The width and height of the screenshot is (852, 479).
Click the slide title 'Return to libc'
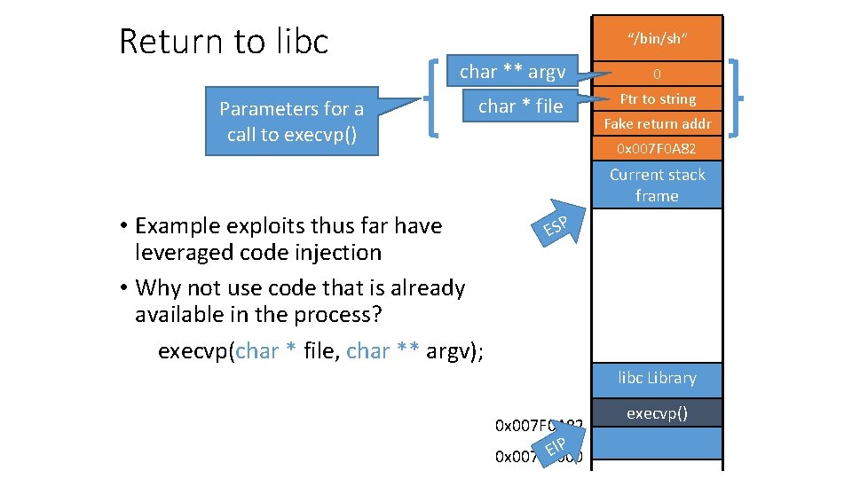point(224,42)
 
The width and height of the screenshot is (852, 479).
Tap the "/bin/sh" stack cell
point(658,38)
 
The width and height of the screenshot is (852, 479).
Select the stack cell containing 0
point(658,75)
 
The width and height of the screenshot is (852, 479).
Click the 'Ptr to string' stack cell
point(658,99)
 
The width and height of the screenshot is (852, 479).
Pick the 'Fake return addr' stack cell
point(658,124)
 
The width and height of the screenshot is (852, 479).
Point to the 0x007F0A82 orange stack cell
point(658,147)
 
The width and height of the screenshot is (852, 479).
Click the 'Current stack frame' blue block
point(658,185)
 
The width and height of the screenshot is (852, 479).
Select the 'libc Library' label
point(658,378)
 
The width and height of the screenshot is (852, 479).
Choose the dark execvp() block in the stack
point(658,412)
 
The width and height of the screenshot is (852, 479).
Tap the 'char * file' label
point(520,106)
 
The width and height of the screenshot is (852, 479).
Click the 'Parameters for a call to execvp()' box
point(291,122)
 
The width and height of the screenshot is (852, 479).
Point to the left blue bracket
point(433,98)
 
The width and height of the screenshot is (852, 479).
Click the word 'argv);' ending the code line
point(455,351)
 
